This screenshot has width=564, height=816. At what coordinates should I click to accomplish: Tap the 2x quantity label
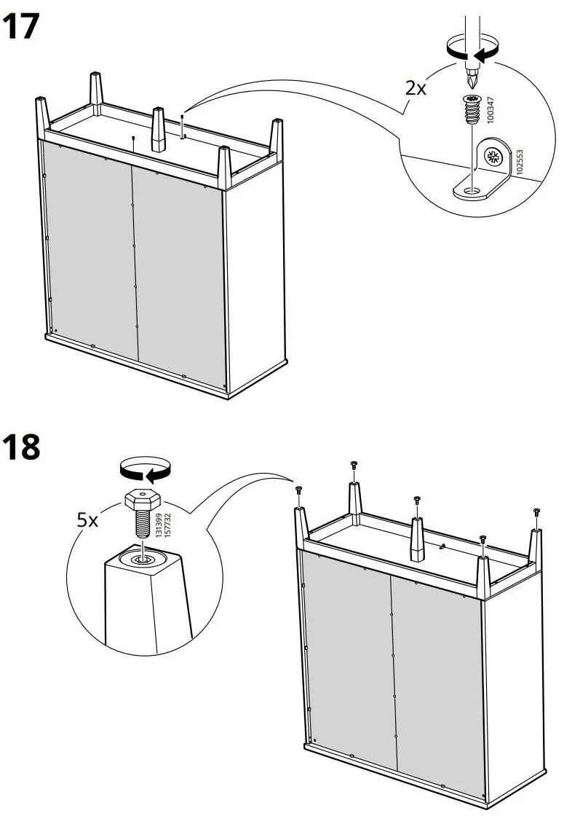(x=416, y=88)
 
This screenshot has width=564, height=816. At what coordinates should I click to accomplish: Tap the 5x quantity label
(x=90, y=520)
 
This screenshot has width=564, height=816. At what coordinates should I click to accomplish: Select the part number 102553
(x=519, y=163)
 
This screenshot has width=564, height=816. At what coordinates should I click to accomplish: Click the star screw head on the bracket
(x=495, y=157)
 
